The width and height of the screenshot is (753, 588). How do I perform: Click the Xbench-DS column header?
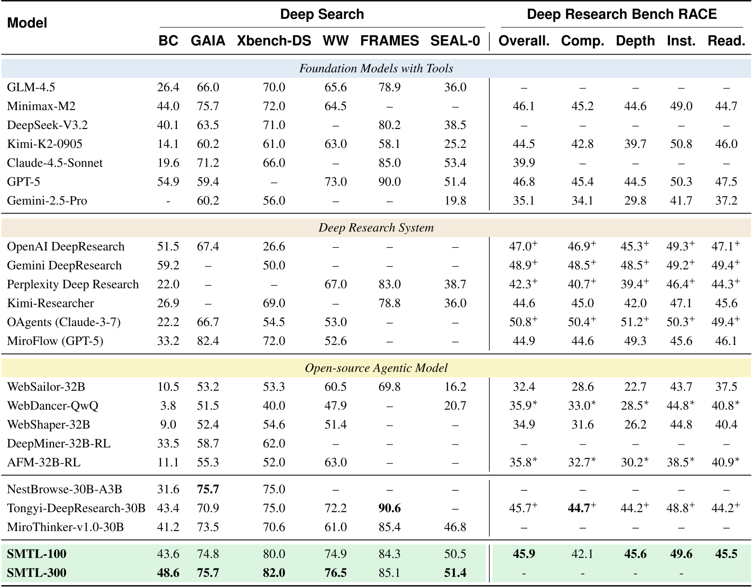point(274,41)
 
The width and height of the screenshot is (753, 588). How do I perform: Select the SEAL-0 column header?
point(455,41)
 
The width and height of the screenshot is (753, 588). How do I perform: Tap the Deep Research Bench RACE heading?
point(622,14)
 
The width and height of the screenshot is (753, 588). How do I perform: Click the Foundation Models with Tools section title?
point(376,69)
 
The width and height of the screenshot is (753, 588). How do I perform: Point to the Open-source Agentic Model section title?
point(376,368)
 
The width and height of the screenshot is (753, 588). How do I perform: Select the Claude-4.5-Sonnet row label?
point(55,163)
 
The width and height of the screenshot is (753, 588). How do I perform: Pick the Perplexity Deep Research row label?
point(73,285)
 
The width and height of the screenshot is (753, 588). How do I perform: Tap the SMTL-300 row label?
point(37,573)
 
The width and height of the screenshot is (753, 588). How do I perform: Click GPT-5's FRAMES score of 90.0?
point(390,182)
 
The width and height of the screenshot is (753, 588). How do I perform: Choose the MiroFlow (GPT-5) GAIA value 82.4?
point(208,341)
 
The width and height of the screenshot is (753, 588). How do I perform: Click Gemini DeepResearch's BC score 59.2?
point(168,266)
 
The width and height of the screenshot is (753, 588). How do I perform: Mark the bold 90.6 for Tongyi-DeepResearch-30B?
point(390,508)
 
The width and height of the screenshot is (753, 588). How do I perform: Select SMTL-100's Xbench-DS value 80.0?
point(274,554)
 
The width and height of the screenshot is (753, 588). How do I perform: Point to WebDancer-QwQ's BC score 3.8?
point(168,406)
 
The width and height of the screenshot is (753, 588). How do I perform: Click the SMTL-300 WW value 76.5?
point(335,573)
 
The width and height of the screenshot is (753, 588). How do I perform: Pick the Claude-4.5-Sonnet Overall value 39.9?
point(524,163)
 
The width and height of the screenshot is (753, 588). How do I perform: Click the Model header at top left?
point(27,23)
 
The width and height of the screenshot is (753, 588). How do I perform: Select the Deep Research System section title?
point(376,228)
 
